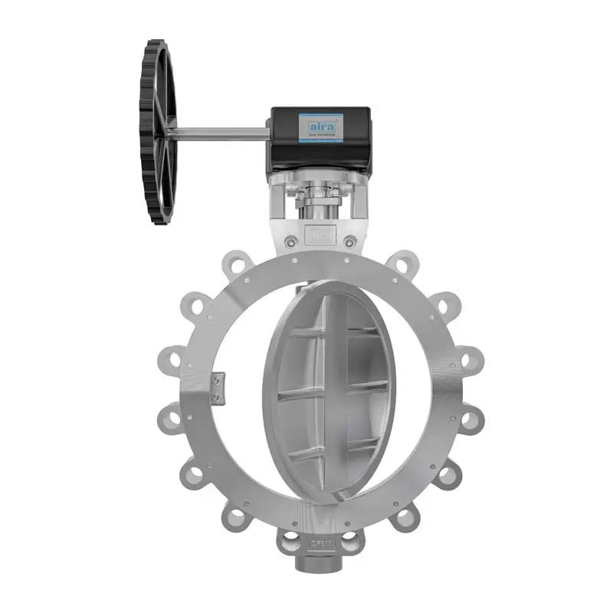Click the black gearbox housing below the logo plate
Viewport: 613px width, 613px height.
319,157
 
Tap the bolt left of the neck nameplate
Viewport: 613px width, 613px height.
290,242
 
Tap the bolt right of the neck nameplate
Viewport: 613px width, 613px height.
349,242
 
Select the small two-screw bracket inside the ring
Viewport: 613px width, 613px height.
218,388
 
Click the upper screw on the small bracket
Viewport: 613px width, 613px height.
218,380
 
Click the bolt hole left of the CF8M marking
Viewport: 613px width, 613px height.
290,545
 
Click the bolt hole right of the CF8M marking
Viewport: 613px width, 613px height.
349,545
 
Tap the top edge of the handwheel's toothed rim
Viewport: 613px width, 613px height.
156,43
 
